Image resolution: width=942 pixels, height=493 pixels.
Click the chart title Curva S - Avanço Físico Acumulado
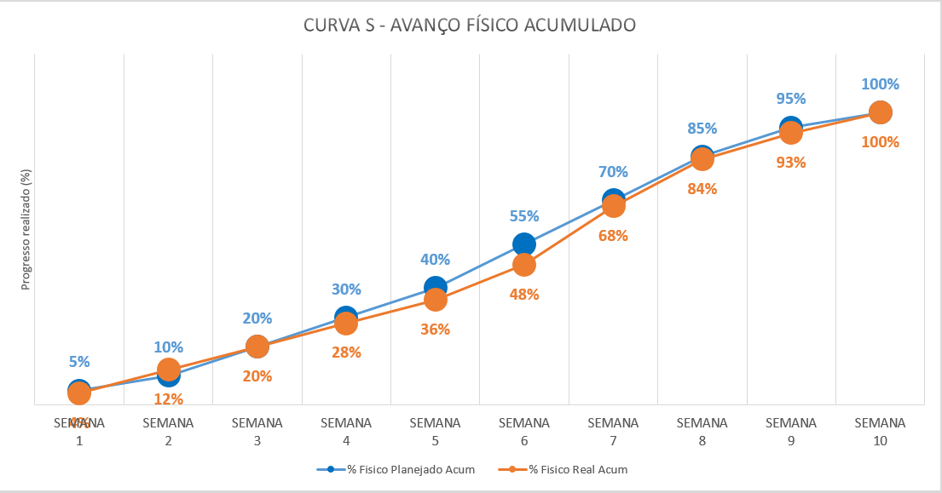point(470,26)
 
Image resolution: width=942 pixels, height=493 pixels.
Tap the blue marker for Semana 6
point(524,244)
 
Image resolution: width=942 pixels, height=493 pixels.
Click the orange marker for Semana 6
point(524,265)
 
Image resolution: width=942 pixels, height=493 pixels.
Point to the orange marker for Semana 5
point(436,300)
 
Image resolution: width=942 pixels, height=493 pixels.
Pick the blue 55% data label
point(524,216)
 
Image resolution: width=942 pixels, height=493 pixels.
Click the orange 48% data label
point(524,295)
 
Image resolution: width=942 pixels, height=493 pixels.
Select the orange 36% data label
point(436,330)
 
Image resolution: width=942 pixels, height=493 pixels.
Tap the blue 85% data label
point(702,129)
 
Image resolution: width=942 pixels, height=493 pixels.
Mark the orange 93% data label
point(791,162)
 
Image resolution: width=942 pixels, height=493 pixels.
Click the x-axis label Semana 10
point(880,431)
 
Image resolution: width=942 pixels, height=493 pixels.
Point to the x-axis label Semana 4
point(346,431)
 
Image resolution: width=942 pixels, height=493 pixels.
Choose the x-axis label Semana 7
point(613,431)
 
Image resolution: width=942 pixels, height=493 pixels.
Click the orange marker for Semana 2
point(169,370)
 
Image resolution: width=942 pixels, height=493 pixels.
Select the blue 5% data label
point(79,362)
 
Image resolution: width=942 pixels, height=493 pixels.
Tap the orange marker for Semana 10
point(880,112)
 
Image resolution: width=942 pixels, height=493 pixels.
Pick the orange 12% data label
point(169,398)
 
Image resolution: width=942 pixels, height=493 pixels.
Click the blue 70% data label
point(613,172)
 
